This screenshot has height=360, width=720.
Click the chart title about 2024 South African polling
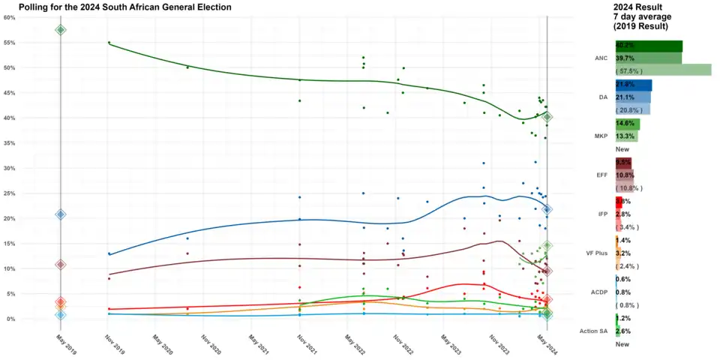(x=124, y=7)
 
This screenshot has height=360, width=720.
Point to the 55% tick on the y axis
(x=10, y=43)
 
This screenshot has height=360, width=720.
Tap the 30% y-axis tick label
(x=10, y=168)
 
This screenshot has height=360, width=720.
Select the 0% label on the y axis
(x=11, y=319)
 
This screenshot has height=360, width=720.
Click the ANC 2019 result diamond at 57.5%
(x=61, y=30)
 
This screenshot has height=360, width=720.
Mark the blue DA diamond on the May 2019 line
(x=61, y=214)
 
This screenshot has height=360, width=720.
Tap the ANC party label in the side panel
(x=600, y=58)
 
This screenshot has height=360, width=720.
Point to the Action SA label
(x=593, y=331)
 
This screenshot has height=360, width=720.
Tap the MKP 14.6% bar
(x=627, y=124)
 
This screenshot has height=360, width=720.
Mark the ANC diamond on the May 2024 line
(x=547, y=117)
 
